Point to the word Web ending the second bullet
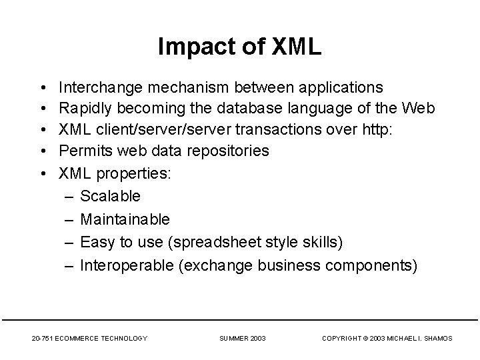[x=420, y=109]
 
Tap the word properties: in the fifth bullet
[x=134, y=173]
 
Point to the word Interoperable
[x=127, y=265]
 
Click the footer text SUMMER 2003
[x=243, y=339]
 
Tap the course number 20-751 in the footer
[x=42, y=339]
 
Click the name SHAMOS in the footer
[x=437, y=339]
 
